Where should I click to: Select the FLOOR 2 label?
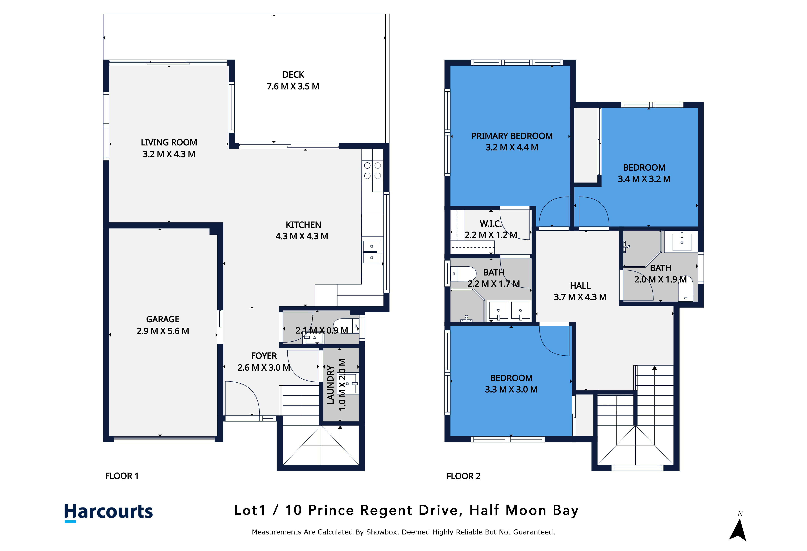pos(463,476)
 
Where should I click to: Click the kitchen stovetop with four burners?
pos(372,170)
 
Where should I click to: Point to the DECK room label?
pos(293,75)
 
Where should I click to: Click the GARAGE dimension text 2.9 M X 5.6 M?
pos(163,331)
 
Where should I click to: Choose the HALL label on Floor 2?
pos(580,286)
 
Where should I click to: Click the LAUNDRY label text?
pos(331,384)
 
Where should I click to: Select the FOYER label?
pos(264,356)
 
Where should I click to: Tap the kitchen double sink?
pos(372,252)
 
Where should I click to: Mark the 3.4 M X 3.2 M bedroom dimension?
pos(644,179)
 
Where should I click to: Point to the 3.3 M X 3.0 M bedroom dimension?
pos(511,389)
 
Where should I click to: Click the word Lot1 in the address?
pos(250,510)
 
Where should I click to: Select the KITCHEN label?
pos(303,225)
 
